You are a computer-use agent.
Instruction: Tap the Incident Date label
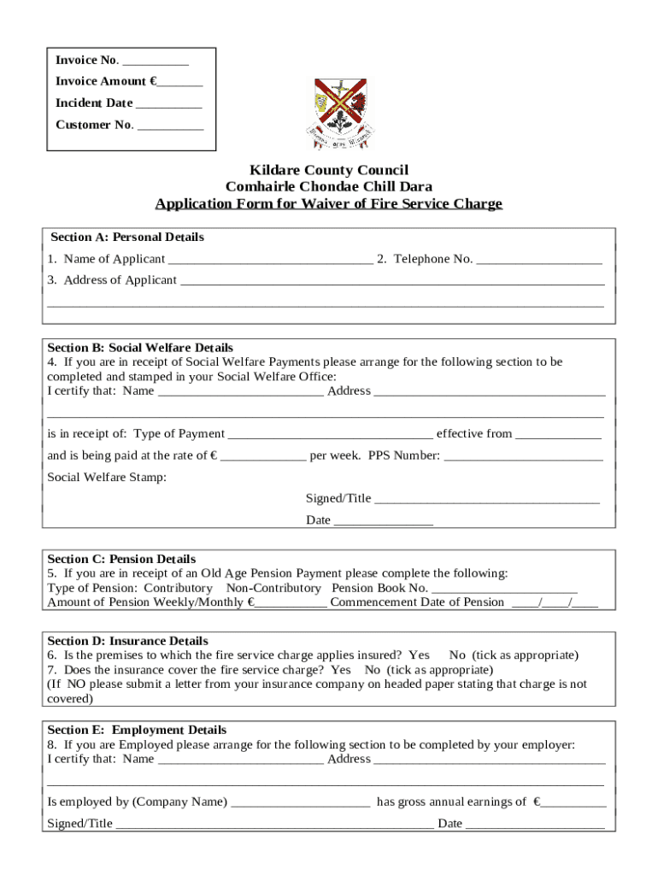[x=94, y=103]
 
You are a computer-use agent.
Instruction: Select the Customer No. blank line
[x=170, y=126]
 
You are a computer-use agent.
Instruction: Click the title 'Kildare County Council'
[x=328, y=170]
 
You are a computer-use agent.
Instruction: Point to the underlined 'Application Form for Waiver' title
[x=328, y=203]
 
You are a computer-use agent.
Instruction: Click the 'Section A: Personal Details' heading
[x=127, y=237]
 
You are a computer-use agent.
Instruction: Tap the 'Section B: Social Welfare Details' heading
[x=140, y=348]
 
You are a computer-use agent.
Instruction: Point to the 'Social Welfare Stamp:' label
[x=107, y=477]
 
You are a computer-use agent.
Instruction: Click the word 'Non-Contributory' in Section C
[x=273, y=588]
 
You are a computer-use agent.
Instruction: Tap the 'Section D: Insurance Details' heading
[x=127, y=641]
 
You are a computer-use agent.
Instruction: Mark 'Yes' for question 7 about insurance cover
[x=341, y=670]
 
